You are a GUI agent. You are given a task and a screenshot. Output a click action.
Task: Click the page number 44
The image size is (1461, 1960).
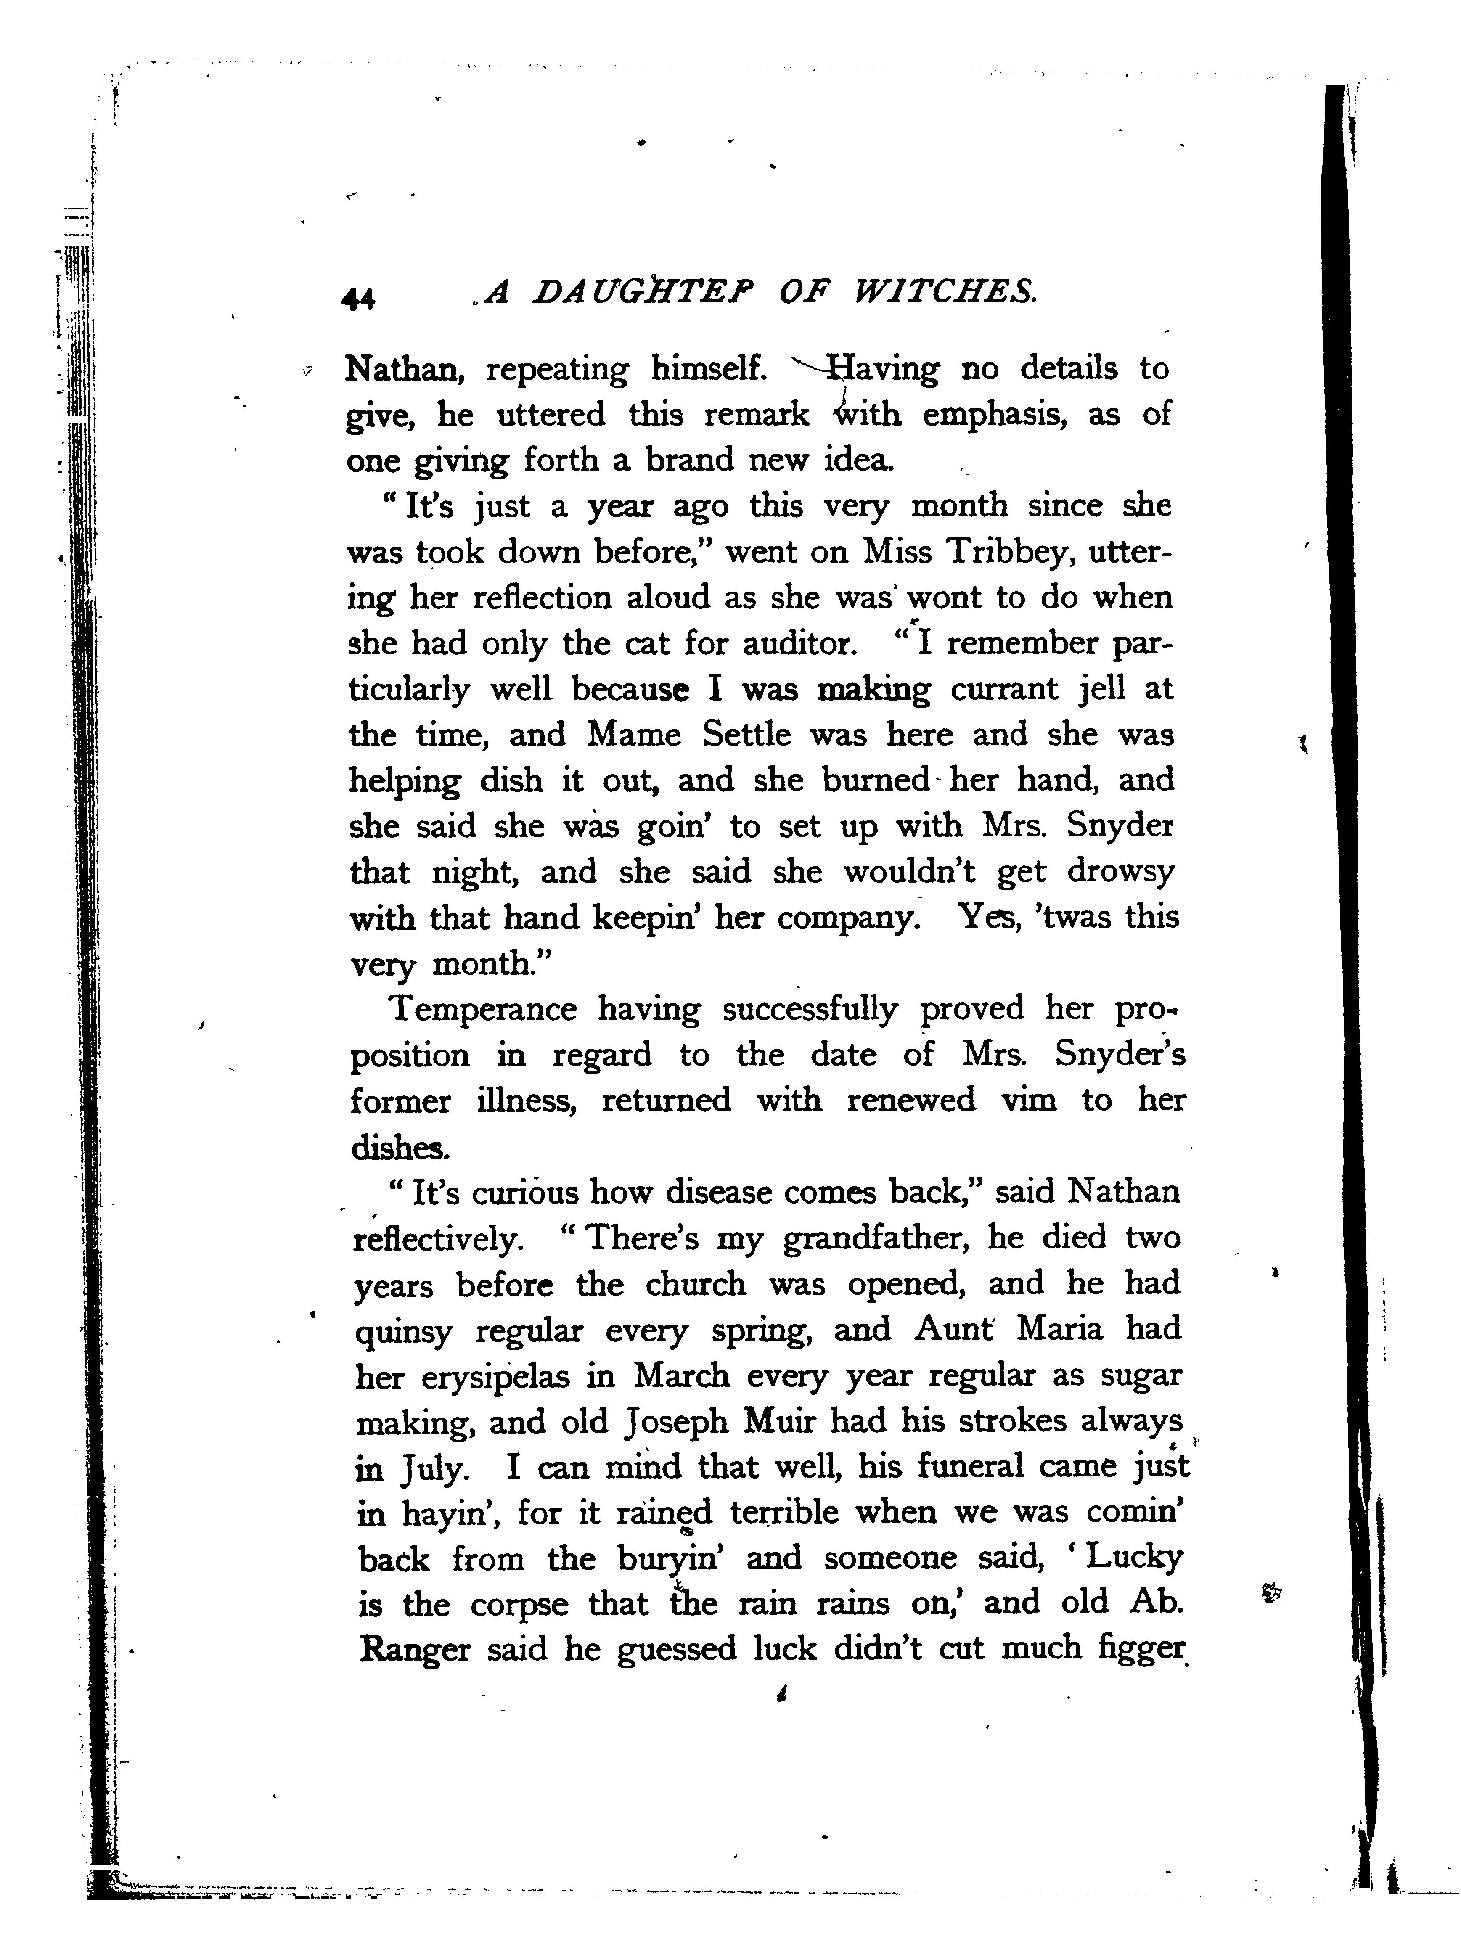pyautogui.click(x=358, y=299)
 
